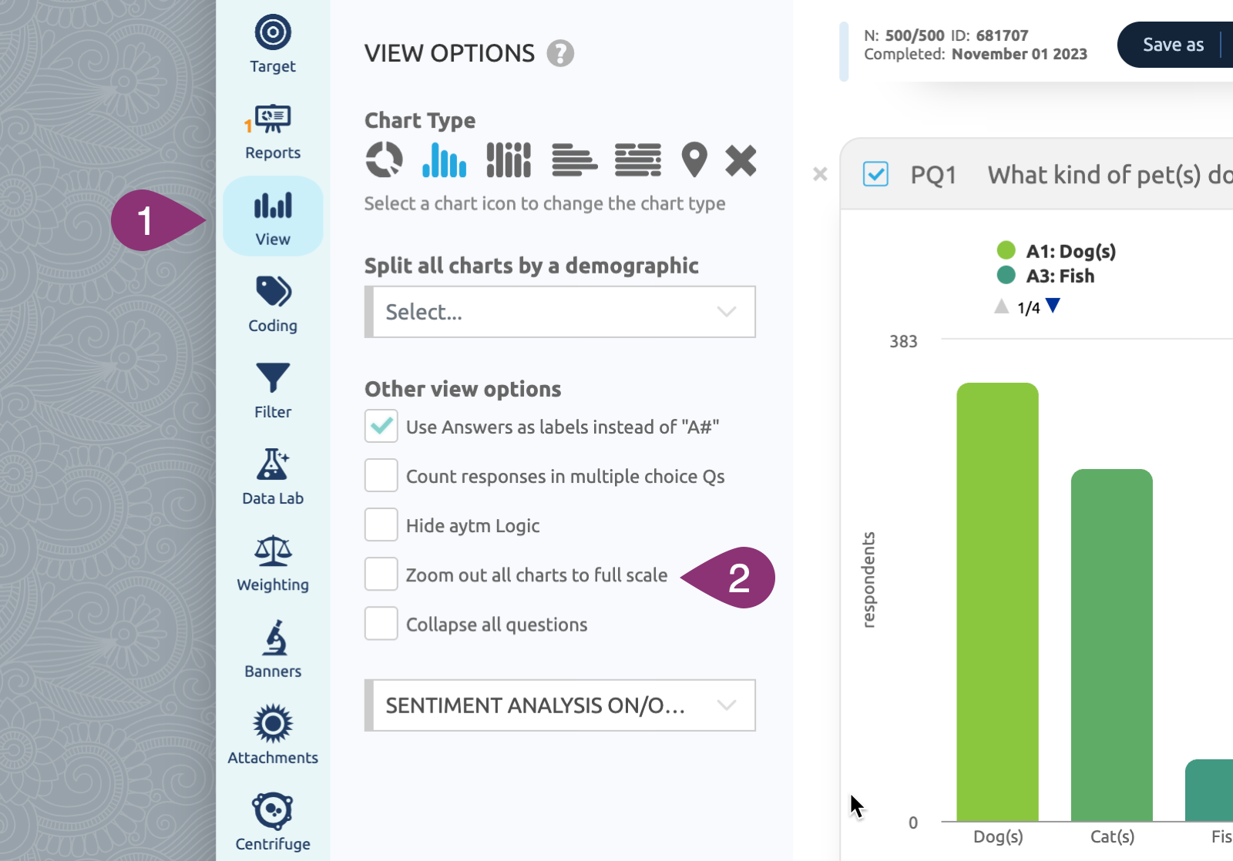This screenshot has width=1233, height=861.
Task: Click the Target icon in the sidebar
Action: click(x=273, y=33)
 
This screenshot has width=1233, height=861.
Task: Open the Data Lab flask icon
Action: click(x=273, y=465)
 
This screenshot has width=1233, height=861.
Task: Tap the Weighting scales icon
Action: click(x=273, y=551)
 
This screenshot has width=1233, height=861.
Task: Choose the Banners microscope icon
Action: click(x=273, y=638)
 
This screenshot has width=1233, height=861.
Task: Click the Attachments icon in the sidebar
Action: click(x=273, y=724)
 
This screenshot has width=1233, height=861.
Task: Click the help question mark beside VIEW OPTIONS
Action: click(x=560, y=53)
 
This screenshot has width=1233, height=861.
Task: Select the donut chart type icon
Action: click(x=384, y=160)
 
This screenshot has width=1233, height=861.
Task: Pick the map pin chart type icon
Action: click(x=694, y=160)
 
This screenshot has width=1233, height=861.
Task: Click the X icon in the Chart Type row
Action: click(x=741, y=160)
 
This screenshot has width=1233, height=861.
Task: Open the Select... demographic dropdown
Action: click(x=560, y=312)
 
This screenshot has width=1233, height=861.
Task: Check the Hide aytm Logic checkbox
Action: click(x=381, y=525)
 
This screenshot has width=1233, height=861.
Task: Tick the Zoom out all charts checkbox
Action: click(x=381, y=575)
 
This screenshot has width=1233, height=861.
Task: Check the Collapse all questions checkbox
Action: click(x=381, y=624)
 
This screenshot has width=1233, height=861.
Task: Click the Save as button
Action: click(x=1173, y=45)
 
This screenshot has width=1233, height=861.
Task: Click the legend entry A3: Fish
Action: click(x=1060, y=276)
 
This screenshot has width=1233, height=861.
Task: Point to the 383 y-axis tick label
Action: click(x=903, y=341)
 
